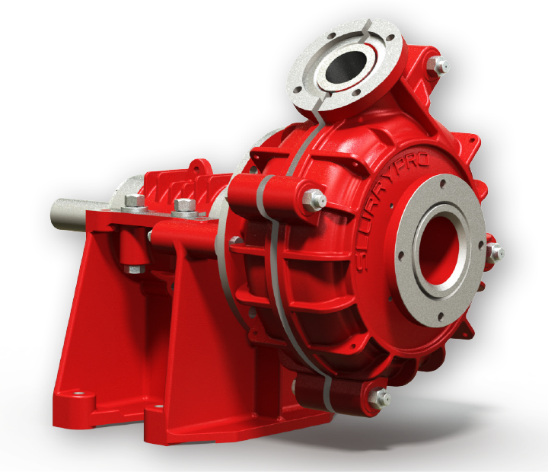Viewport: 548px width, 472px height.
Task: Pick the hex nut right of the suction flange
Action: coord(495,253)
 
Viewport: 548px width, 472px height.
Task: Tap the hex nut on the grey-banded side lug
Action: coord(313,201)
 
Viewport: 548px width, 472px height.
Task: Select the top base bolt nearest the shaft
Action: coord(134,202)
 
